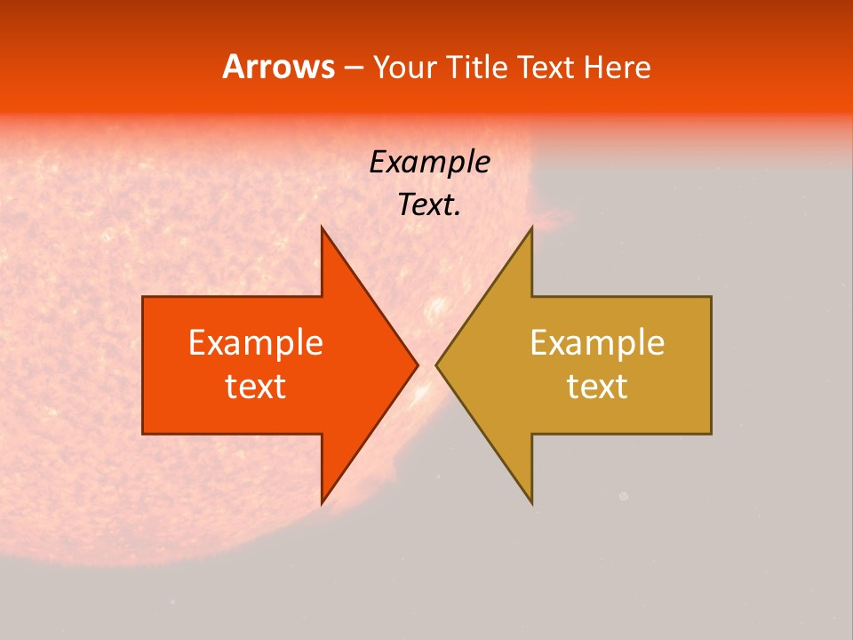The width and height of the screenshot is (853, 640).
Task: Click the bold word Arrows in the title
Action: pyautogui.click(x=277, y=67)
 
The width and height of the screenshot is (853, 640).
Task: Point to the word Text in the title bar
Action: pyautogui.click(x=546, y=68)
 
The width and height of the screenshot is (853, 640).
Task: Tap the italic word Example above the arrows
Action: pyautogui.click(x=430, y=163)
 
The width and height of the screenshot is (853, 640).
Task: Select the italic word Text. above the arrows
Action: pyautogui.click(x=430, y=205)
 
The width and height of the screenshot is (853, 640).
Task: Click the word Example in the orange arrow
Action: pyautogui.click(x=256, y=343)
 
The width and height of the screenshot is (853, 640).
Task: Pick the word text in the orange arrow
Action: pyautogui.click(x=256, y=387)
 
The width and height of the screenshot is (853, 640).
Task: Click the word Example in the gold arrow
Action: pyautogui.click(x=597, y=343)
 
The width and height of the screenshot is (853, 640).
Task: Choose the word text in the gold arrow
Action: pyautogui.click(x=597, y=387)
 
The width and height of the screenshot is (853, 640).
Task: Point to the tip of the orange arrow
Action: pyautogui.click(x=418, y=364)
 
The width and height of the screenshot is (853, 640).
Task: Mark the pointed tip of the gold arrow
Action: pyautogui.click(x=436, y=364)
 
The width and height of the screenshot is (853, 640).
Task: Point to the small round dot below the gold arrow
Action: pyautogui.click(x=623, y=497)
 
